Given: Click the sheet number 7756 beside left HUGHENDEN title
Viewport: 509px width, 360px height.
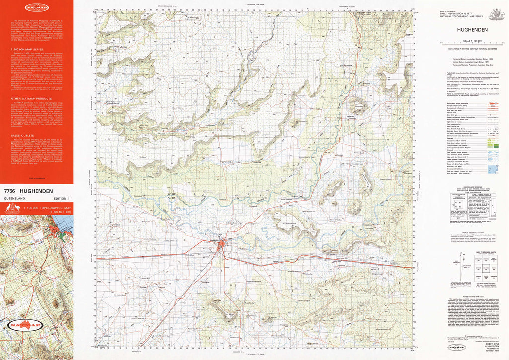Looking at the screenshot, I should coord(9,191).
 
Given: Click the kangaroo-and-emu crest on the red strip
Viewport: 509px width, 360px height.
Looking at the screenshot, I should coord(12,209).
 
